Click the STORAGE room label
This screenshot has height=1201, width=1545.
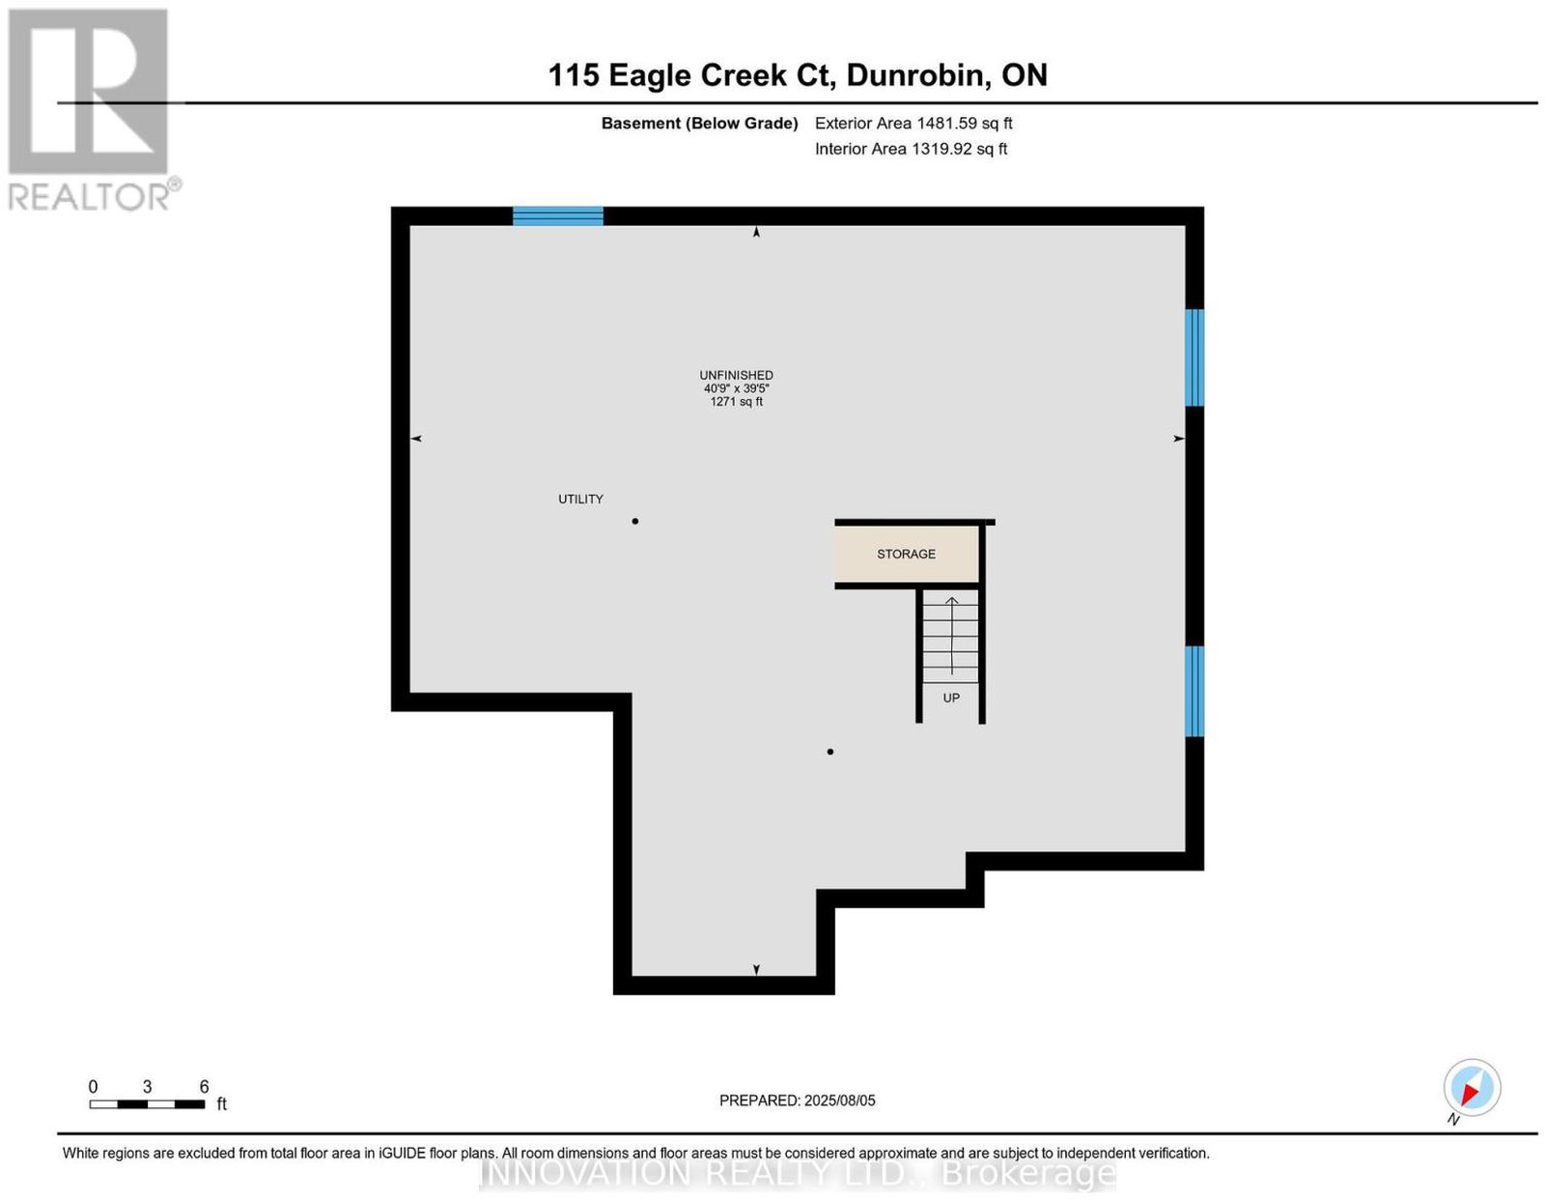tap(905, 554)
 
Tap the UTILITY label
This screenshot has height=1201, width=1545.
tap(580, 500)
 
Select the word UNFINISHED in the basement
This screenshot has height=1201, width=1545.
tap(736, 376)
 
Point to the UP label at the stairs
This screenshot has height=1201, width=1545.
tap(950, 699)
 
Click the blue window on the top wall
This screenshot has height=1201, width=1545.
tap(558, 216)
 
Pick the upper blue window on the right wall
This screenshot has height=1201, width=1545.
tap(1194, 357)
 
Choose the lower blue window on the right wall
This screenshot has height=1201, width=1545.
tap(1194, 691)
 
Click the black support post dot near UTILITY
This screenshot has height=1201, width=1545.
tap(635, 521)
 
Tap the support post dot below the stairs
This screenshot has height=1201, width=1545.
tap(829, 752)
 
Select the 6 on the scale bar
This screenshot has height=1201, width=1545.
tap(204, 1087)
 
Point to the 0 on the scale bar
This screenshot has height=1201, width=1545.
tap(93, 1087)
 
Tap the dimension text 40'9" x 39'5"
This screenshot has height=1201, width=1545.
tap(736, 388)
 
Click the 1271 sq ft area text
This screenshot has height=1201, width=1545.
tap(736, 402)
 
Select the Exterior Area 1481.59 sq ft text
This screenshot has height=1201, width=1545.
tap(913, 123)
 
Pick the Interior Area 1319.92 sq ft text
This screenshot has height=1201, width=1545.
tap(911, 149)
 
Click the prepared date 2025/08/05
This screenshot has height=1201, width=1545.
tap(840, 1101)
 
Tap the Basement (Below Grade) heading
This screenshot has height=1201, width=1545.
tap(700, 123)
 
